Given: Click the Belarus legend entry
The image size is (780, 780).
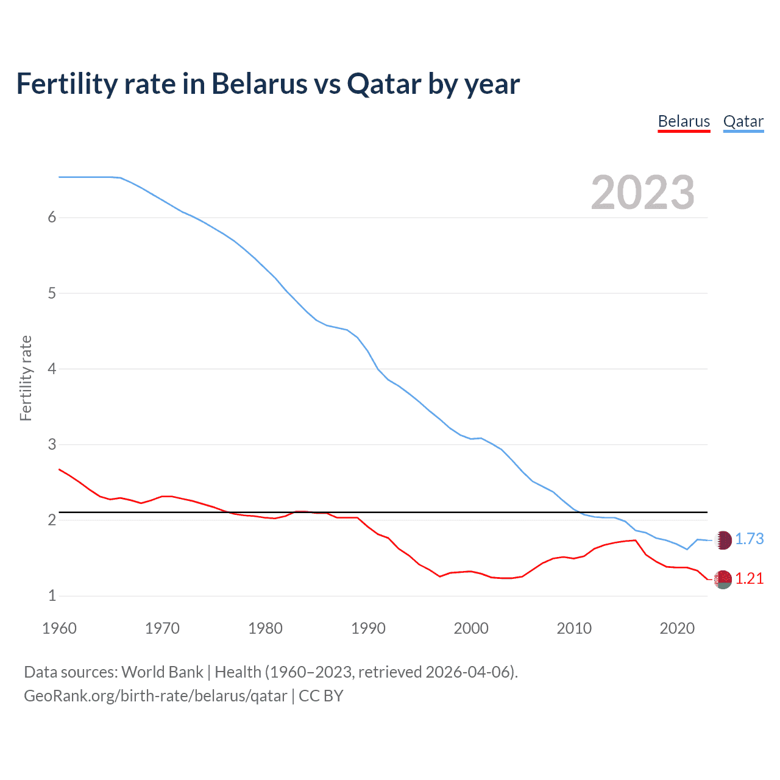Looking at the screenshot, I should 684,121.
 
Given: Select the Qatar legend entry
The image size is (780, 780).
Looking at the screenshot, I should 743,121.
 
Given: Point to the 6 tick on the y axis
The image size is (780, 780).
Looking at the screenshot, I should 52,218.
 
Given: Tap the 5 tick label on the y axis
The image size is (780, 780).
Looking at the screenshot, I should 52,293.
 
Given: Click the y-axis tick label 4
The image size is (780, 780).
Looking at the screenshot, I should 52,369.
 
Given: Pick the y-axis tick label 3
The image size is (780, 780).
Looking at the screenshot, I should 52,444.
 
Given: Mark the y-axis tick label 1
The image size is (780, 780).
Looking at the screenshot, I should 52,595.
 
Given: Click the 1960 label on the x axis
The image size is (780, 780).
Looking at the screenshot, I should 59,628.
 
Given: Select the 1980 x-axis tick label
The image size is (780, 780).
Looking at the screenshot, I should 265,628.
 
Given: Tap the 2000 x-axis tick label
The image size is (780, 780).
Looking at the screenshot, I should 471,628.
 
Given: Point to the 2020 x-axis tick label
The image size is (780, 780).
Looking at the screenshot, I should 677,628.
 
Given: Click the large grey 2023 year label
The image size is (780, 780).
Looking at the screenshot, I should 642,193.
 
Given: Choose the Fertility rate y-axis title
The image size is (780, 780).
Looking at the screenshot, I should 26,378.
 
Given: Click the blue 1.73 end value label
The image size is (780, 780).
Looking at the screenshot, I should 749,539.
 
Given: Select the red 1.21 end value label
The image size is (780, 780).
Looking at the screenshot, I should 749,579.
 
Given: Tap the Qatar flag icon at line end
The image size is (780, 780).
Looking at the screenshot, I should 723,540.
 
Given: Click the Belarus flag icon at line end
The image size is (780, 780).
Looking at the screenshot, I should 723,580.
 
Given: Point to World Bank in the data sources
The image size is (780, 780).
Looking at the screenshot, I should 162,672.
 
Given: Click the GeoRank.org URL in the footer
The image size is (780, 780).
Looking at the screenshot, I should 155,696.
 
